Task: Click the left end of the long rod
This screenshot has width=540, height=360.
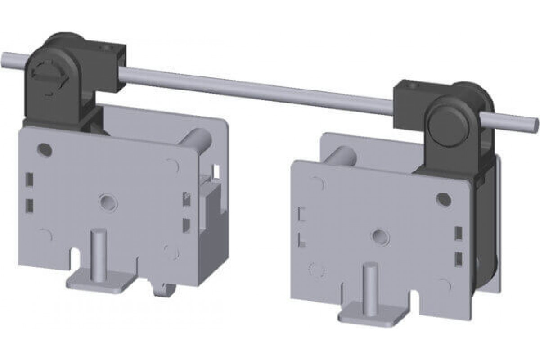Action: tap(5, 58)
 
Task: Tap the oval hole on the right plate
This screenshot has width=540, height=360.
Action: tap(443, 198)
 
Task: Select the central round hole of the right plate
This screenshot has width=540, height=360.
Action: tap(380, 236)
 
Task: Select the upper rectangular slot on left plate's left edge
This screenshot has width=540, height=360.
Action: tap(30, 179)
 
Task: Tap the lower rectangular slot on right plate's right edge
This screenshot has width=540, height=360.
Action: tap(459, 258)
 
